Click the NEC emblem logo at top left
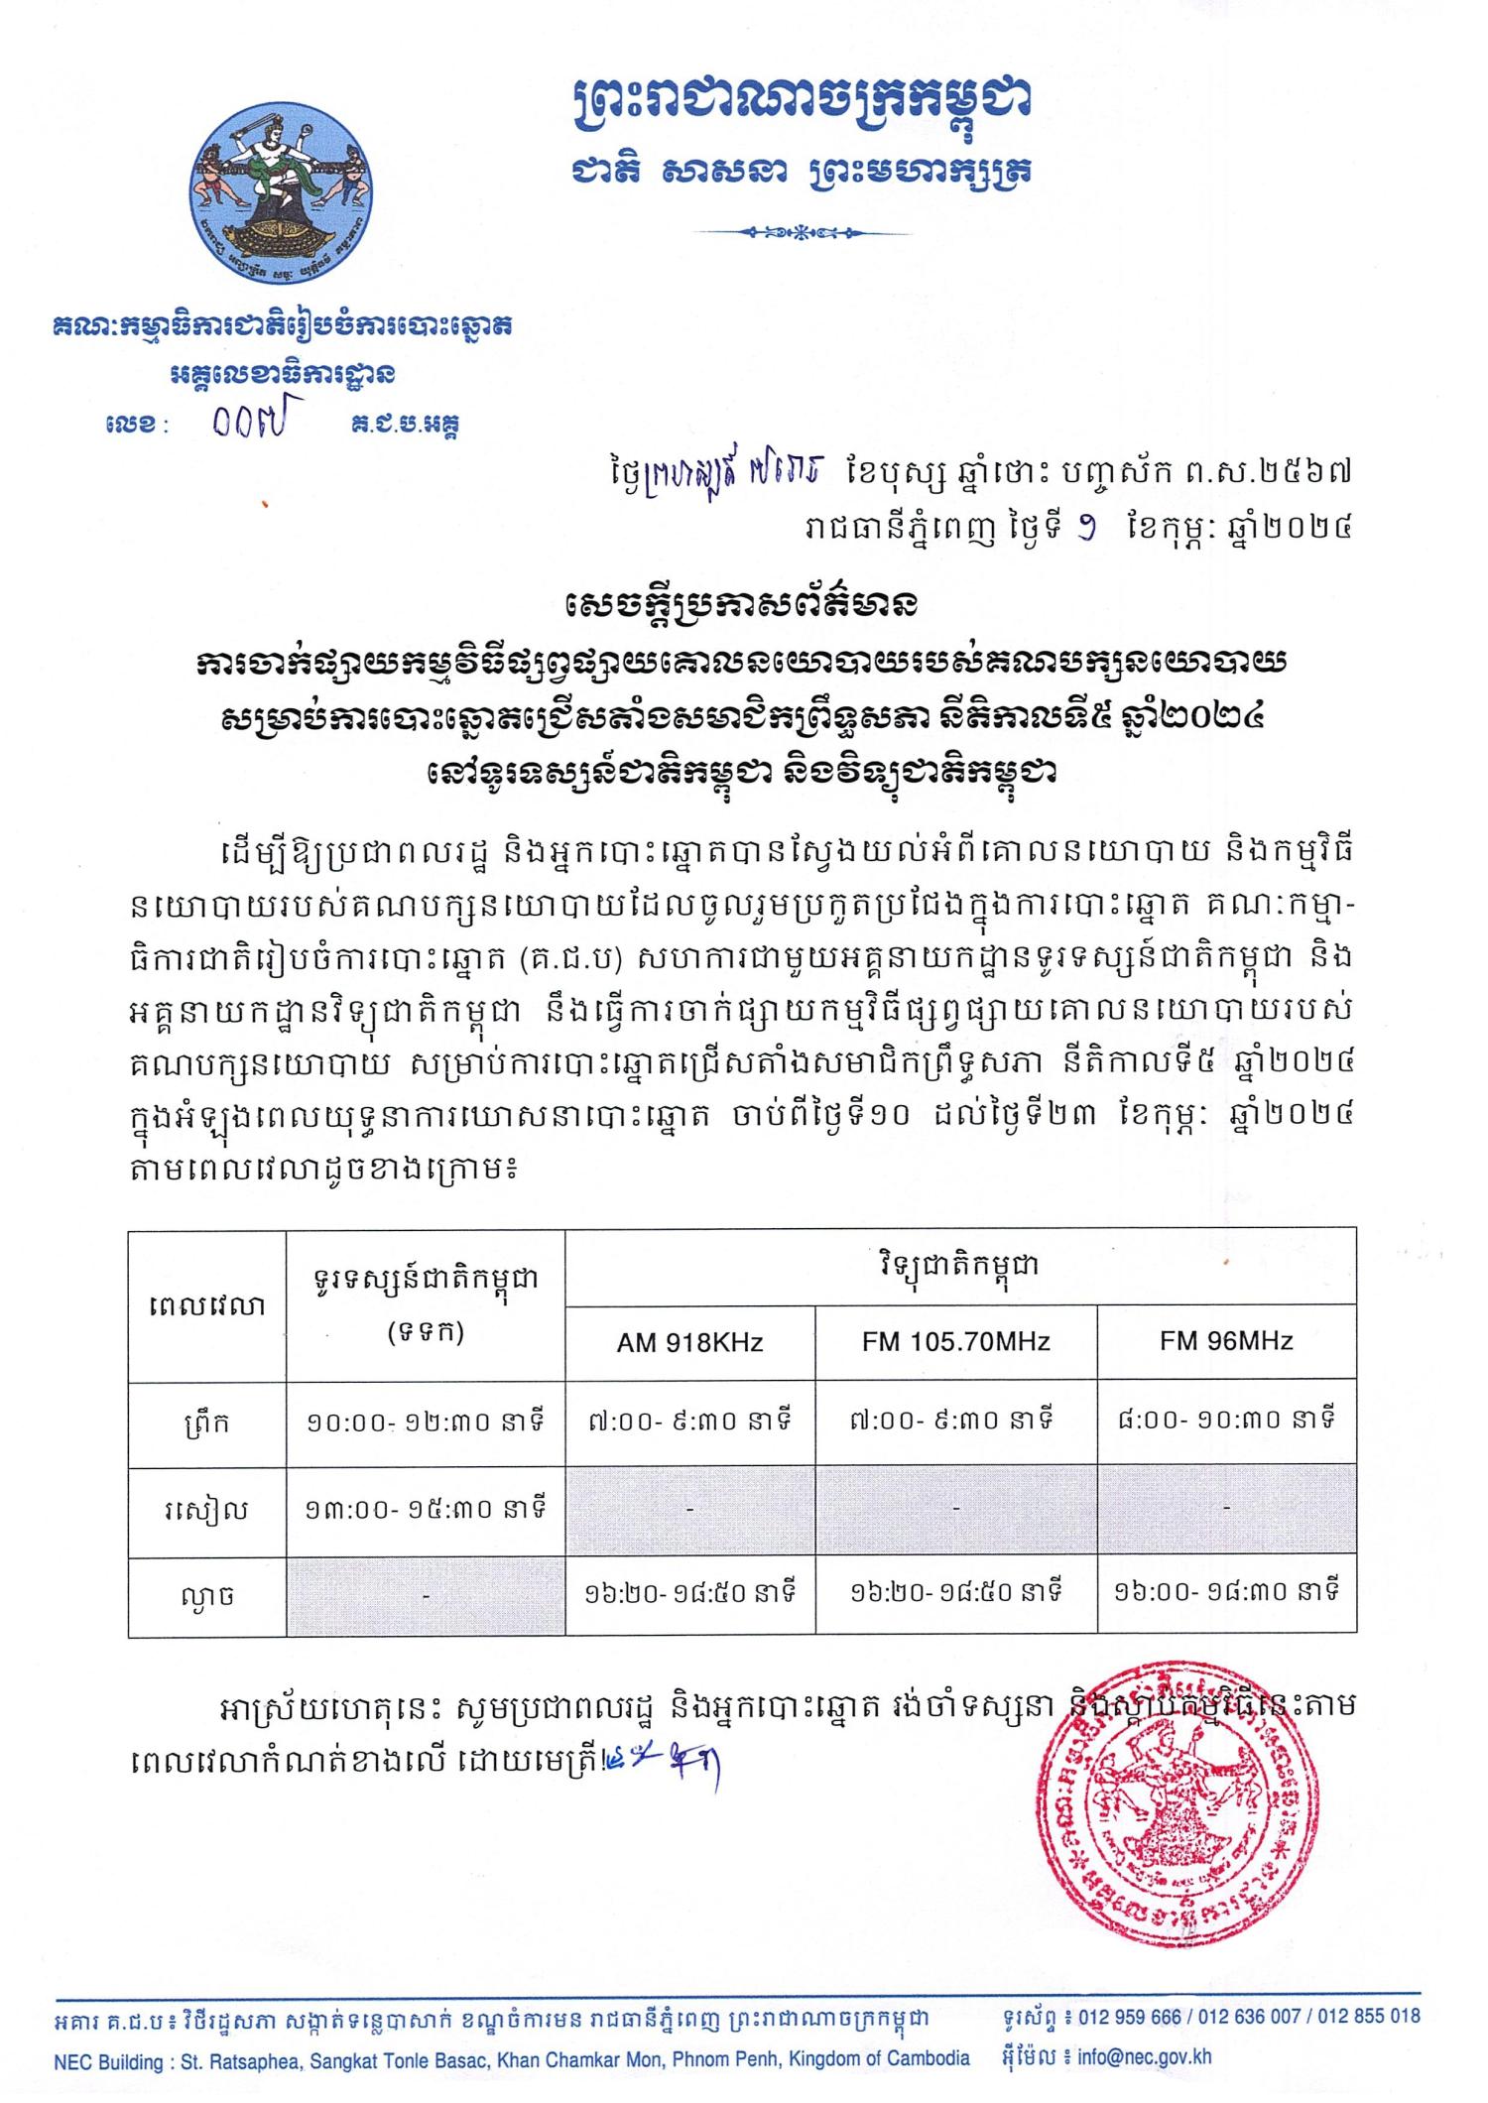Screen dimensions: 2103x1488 click(282, 197)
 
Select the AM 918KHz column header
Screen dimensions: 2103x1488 click(689, 1343)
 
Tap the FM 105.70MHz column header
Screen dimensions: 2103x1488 click(955, 1343)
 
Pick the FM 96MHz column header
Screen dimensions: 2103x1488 click(1226, 1341)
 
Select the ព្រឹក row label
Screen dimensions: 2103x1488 click(206, 1424)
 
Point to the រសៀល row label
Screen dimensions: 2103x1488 click(206, 1512)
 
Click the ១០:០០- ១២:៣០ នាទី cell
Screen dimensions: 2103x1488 click(425, 1424)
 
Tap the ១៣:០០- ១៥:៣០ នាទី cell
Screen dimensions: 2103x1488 click(425, 1511)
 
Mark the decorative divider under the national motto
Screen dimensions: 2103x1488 click(804, 233)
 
